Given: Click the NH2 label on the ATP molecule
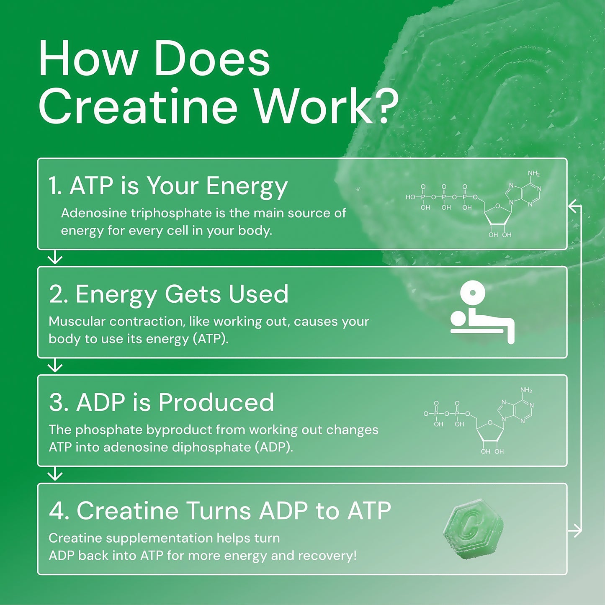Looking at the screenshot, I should point(533,173).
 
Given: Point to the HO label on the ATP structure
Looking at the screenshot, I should point(410,197).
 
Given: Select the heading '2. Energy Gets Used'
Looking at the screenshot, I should point(169,294).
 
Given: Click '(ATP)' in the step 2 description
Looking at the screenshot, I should point(210,339).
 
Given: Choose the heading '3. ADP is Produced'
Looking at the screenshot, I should point(162,402).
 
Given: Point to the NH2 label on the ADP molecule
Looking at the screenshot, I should point(526,390).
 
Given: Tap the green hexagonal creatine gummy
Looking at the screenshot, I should point(473,529).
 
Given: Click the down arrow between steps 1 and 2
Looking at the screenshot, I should point(55,258).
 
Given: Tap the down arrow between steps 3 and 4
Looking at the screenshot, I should point(55,475).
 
